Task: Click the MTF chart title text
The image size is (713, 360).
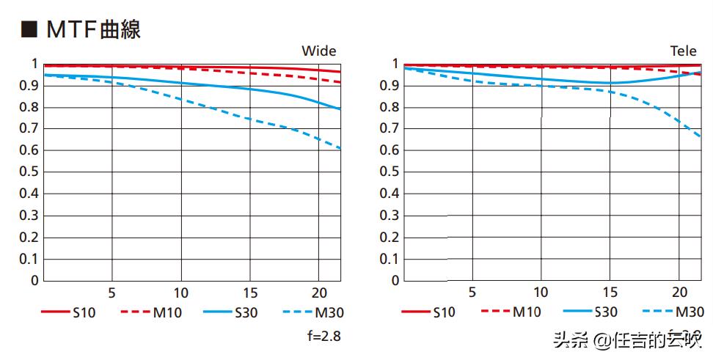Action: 92,29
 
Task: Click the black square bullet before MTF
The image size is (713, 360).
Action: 29,29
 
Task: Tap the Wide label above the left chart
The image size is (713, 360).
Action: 319,51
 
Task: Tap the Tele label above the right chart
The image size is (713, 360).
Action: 683,51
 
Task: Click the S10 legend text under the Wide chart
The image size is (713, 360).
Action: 84,312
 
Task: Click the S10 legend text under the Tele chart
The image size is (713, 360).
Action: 443,312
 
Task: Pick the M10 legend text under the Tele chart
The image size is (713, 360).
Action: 526,312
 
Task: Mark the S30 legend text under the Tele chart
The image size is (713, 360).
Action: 606,312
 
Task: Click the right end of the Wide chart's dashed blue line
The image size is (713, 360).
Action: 340,150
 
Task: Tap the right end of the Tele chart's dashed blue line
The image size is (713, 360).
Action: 700,136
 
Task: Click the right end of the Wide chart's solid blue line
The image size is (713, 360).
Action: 340,109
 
